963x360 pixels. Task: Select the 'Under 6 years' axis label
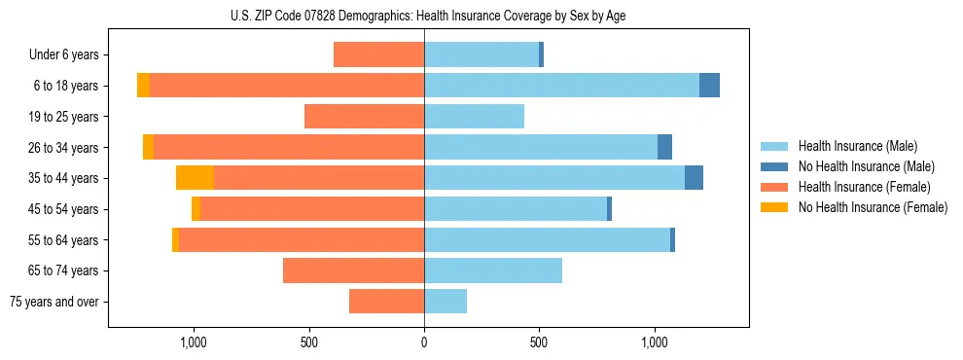coord(69,54)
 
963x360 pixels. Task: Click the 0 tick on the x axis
coord(424,342)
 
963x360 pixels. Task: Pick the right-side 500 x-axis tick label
coord(539,342)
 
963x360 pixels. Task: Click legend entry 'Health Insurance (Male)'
coord(857,146)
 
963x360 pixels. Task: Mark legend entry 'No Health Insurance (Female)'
coord(873,207)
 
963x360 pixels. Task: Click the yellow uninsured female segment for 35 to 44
coord(195,178)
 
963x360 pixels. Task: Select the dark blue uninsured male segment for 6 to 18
coord(709,86)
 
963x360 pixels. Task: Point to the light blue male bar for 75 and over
coord(446,302)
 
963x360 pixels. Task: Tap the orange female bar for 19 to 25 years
coord(364,116)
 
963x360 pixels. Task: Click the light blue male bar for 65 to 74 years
coord(493,270)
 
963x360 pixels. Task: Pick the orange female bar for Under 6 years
coord(378,54)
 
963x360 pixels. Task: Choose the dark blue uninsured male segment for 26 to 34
coord(664,147)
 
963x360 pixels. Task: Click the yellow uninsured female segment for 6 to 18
coord(143,86)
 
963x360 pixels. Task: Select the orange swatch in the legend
coord(774,187)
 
